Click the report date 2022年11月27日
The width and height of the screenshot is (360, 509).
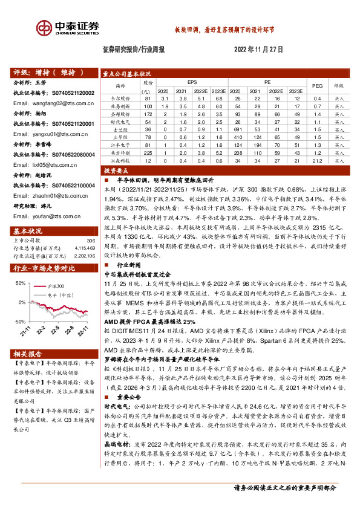(262, 50)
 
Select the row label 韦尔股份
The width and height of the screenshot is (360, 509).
(123, 97)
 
